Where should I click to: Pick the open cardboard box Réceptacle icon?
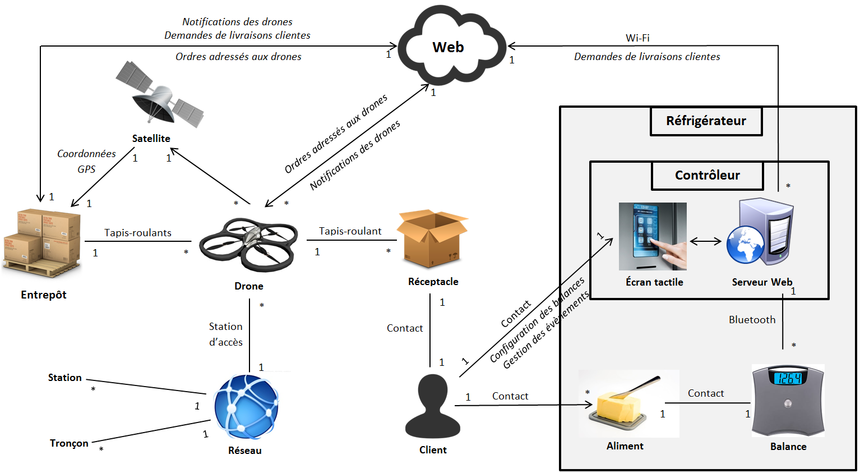[431, 238]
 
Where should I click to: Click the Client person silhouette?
[433, 406]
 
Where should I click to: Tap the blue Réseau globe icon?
[246, 407]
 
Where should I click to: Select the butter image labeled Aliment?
[622, 404]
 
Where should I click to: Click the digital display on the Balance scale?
[788, 378]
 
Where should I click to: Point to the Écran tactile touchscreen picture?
[653, 236]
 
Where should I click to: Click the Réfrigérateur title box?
[706, 121]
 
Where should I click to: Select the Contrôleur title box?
[707, 176]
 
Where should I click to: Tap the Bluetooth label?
[752, 320]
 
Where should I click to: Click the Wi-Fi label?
[637, 38]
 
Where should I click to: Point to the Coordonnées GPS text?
[86, 161]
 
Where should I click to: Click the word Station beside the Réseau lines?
[64, 378]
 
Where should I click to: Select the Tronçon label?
[69, 443]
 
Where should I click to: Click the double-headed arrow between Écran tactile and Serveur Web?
[705, 241]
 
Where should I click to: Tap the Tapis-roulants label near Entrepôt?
[137, 233]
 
